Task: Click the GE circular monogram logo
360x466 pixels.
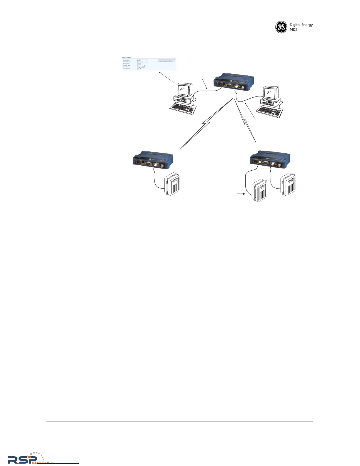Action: pyautogui.click(x=281, y=27)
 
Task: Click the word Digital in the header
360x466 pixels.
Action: pyautogui.click(x=295, y=25)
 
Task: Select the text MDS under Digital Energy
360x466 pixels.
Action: pyautogui.click(x=294, y=30)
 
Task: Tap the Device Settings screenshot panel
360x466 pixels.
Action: pyautogui.click(x=149, y=64)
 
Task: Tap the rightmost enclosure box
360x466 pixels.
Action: pyautogui.click(x=288, y=184)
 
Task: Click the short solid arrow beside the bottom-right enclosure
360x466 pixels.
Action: pyautogui.click(x=241, y=194)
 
